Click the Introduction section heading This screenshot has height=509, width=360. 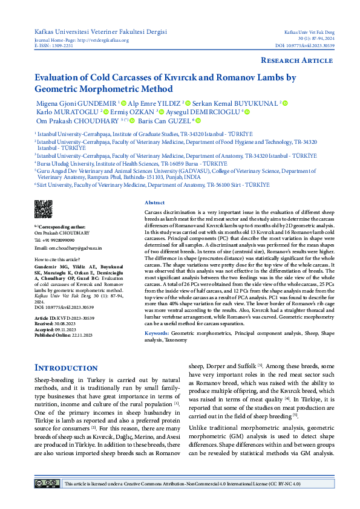click(x=66, y=368)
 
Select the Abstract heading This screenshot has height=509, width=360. click(x=155, y=203)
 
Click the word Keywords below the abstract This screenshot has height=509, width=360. click(x=157, y=333)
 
